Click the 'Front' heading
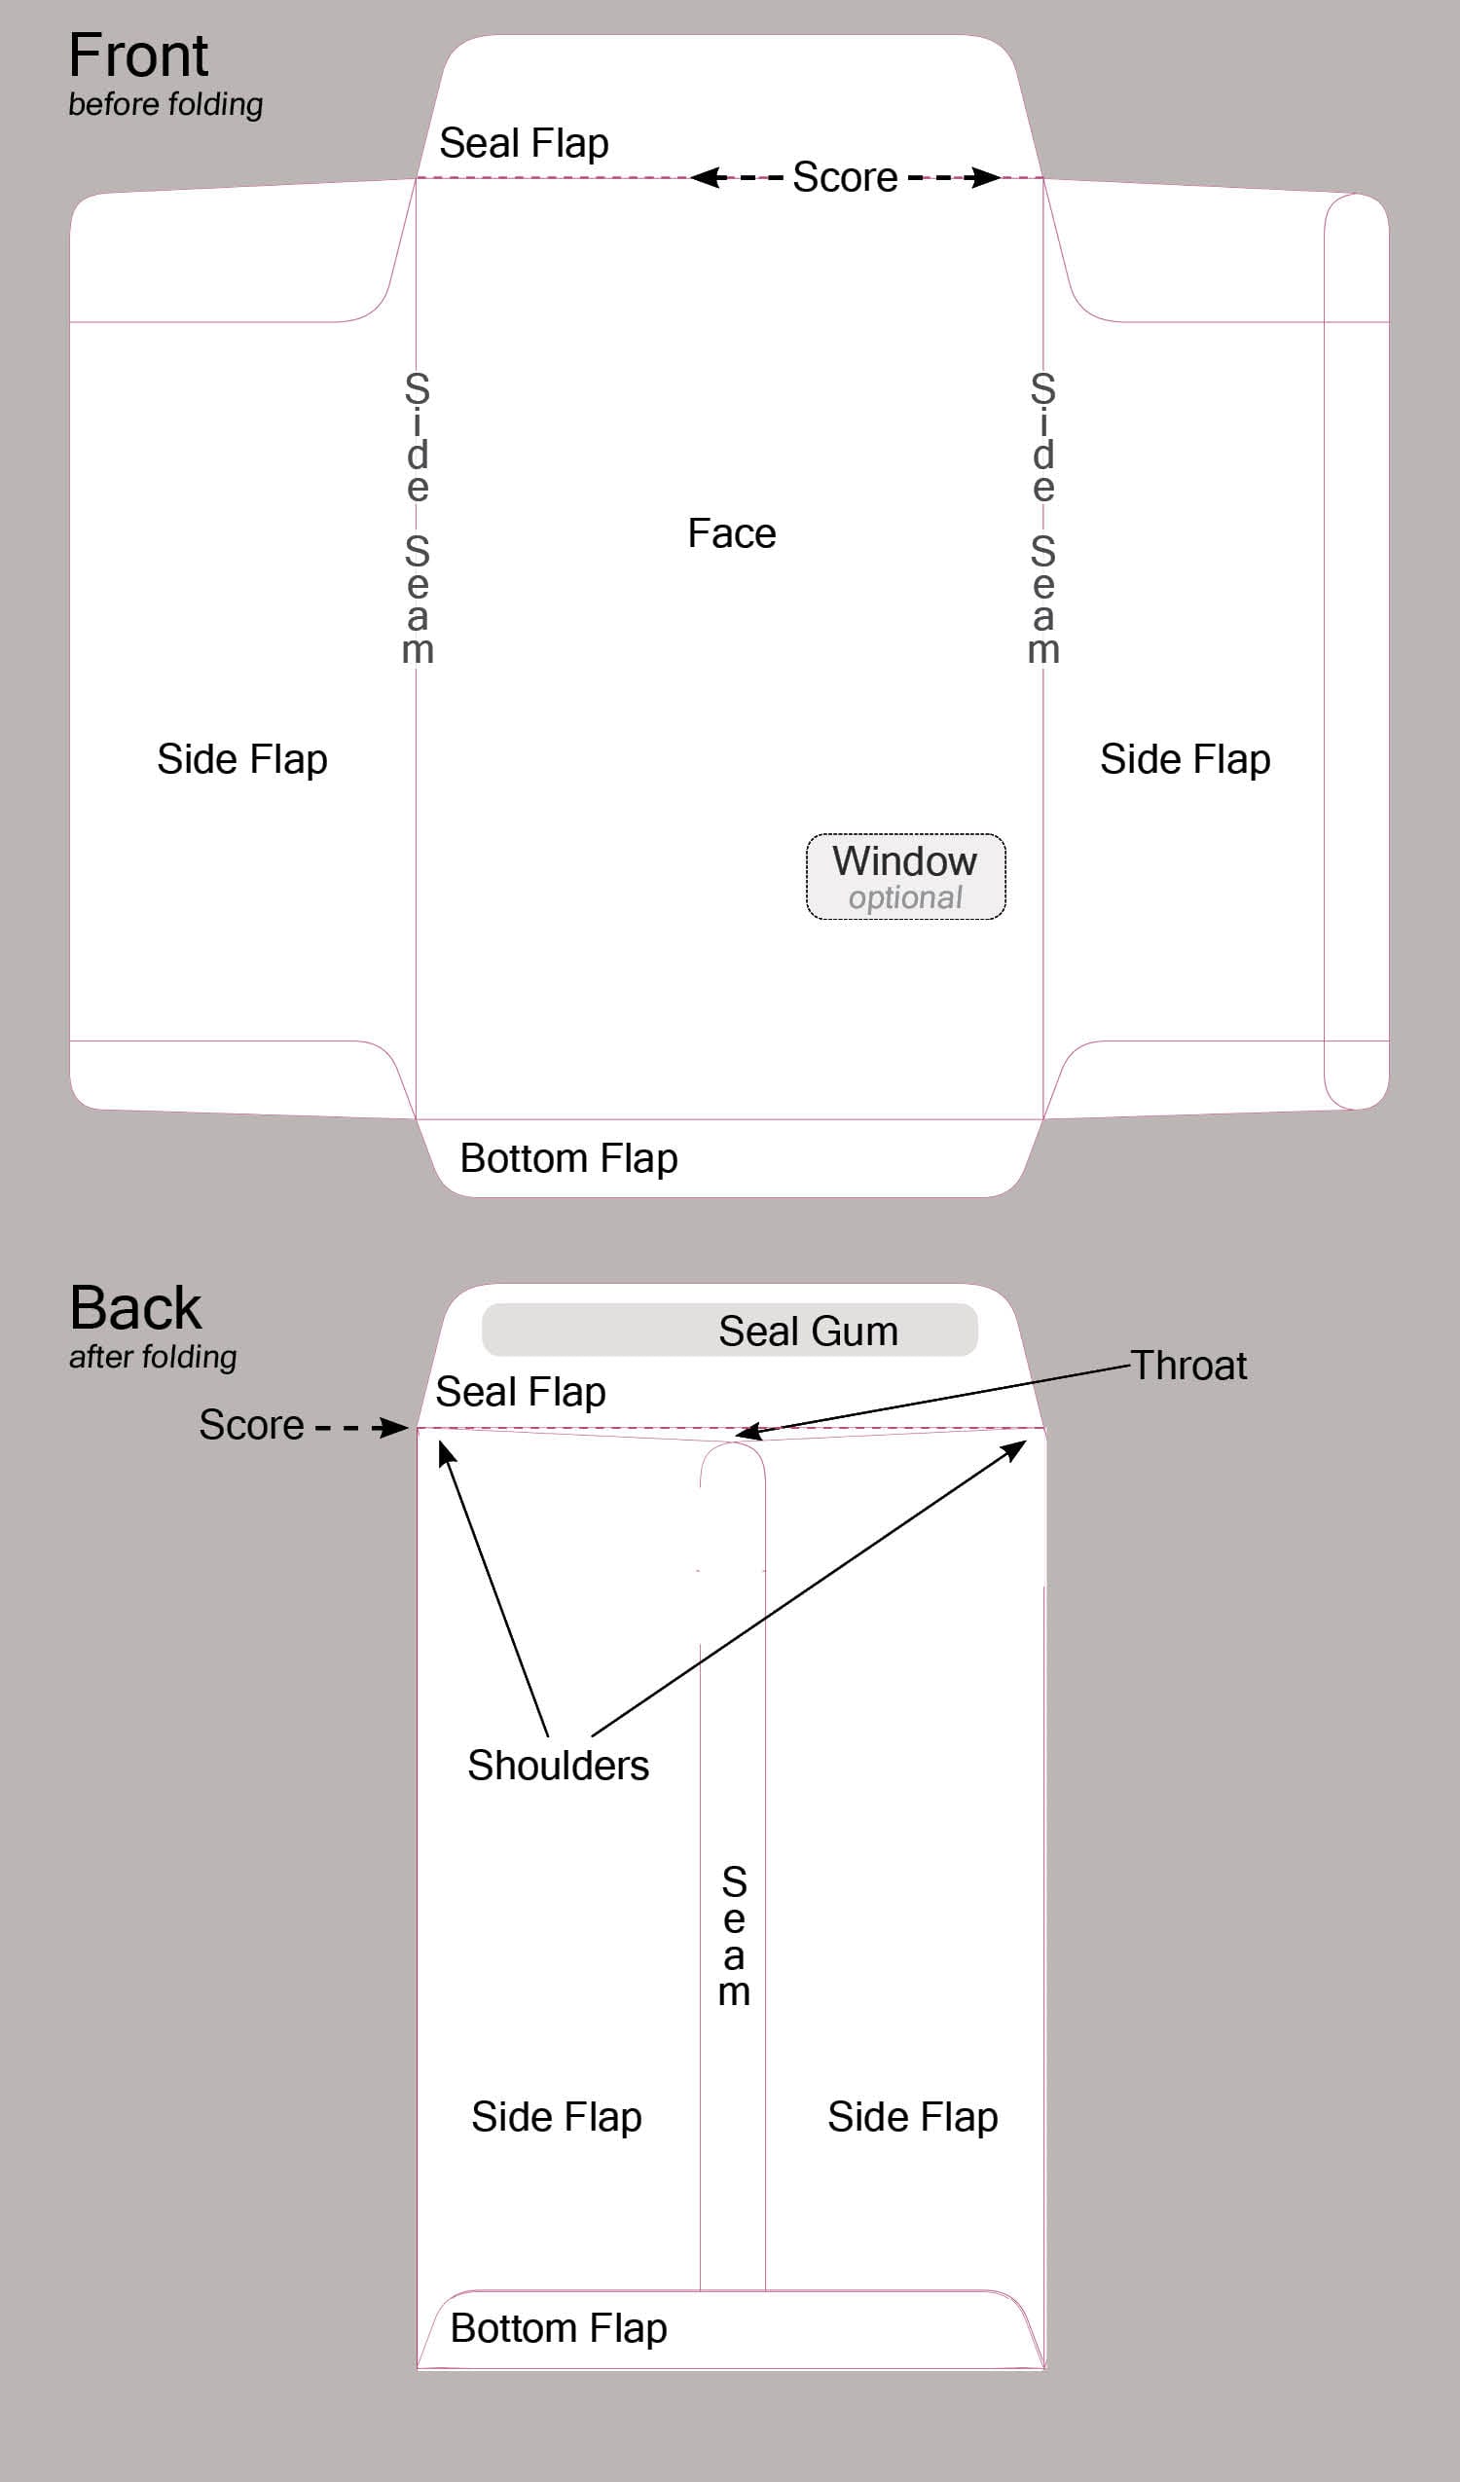click(138, 55)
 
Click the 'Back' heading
click(135, 1308)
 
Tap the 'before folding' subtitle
click(165, 104)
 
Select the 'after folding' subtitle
click(153, 1357)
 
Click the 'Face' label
click(731, 533)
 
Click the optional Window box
click(905, 877)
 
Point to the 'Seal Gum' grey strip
click(730, 1330)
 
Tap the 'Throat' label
click(1188, 1367)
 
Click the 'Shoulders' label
click(558, 1766)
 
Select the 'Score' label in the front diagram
click(845, 177)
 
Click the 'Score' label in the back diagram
click(251, 1425)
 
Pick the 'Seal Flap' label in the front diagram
click(523, 144)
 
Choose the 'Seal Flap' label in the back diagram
click(520, 1393)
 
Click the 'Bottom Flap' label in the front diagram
click(568, 1159)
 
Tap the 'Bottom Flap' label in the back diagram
click(559, 2329)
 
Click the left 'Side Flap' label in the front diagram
click(242, 760)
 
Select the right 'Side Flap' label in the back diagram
click(912, 2118)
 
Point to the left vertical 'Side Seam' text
click(418, 518)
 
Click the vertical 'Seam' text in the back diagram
click(734, 1935)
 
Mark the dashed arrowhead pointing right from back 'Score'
click(396, 1427)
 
